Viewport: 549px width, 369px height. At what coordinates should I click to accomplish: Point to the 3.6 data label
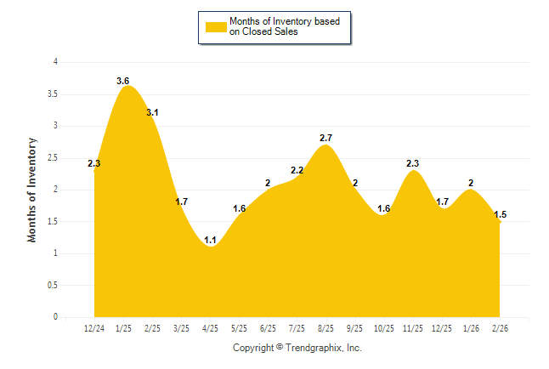[123, 82]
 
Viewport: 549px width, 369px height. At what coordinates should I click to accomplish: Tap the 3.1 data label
[152, 112]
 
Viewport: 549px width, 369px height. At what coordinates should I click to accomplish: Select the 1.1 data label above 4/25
[211, 241]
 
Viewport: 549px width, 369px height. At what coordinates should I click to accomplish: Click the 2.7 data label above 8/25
[325, 138]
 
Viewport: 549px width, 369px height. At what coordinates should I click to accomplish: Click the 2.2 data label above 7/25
[297, 171]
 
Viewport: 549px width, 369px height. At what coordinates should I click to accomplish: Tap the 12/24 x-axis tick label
[94, 328]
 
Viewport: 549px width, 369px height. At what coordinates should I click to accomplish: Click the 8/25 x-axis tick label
[325, 328]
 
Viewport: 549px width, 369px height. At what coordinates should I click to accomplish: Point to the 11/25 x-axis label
[413, 328]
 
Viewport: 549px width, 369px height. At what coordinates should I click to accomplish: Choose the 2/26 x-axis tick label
[500, 328]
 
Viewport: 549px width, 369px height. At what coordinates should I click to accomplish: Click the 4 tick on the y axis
[55, 62]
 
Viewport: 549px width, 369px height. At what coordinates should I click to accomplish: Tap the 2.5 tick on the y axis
[53, 157]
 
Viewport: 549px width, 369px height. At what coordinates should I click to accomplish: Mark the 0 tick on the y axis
[55, 317]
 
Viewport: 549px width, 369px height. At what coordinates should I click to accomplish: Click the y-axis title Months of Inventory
[32, 190]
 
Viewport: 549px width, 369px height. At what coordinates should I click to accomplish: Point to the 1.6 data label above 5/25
[240, 209]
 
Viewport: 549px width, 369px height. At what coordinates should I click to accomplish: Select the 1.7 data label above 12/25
[442, 202]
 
